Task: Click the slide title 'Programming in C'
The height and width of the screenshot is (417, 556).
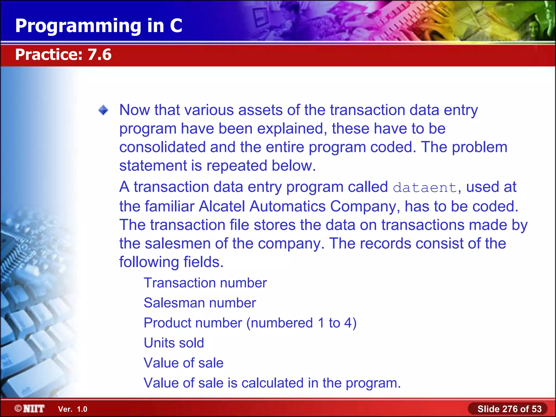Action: tap(99, 26)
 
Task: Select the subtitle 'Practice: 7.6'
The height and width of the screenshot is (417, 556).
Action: tap(63, 55)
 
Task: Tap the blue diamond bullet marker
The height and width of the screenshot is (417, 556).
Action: tap(103, 110)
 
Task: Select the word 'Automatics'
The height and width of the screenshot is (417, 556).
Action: tap(287, 206)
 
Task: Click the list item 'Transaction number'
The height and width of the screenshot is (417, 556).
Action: tap(205, 283)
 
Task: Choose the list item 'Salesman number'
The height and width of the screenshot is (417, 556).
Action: tap(200, 303)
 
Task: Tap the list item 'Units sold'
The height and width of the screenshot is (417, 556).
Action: tap(174, 343)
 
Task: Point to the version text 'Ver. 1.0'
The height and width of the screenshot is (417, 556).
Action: tap(73, 409)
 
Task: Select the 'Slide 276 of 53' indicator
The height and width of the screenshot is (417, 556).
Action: tap(509, 409)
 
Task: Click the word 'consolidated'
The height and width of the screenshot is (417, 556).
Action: tap(162, 147)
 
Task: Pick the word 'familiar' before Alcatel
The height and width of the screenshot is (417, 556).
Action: tap(169, 206)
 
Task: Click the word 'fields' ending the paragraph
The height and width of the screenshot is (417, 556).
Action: tap(203, 262)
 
